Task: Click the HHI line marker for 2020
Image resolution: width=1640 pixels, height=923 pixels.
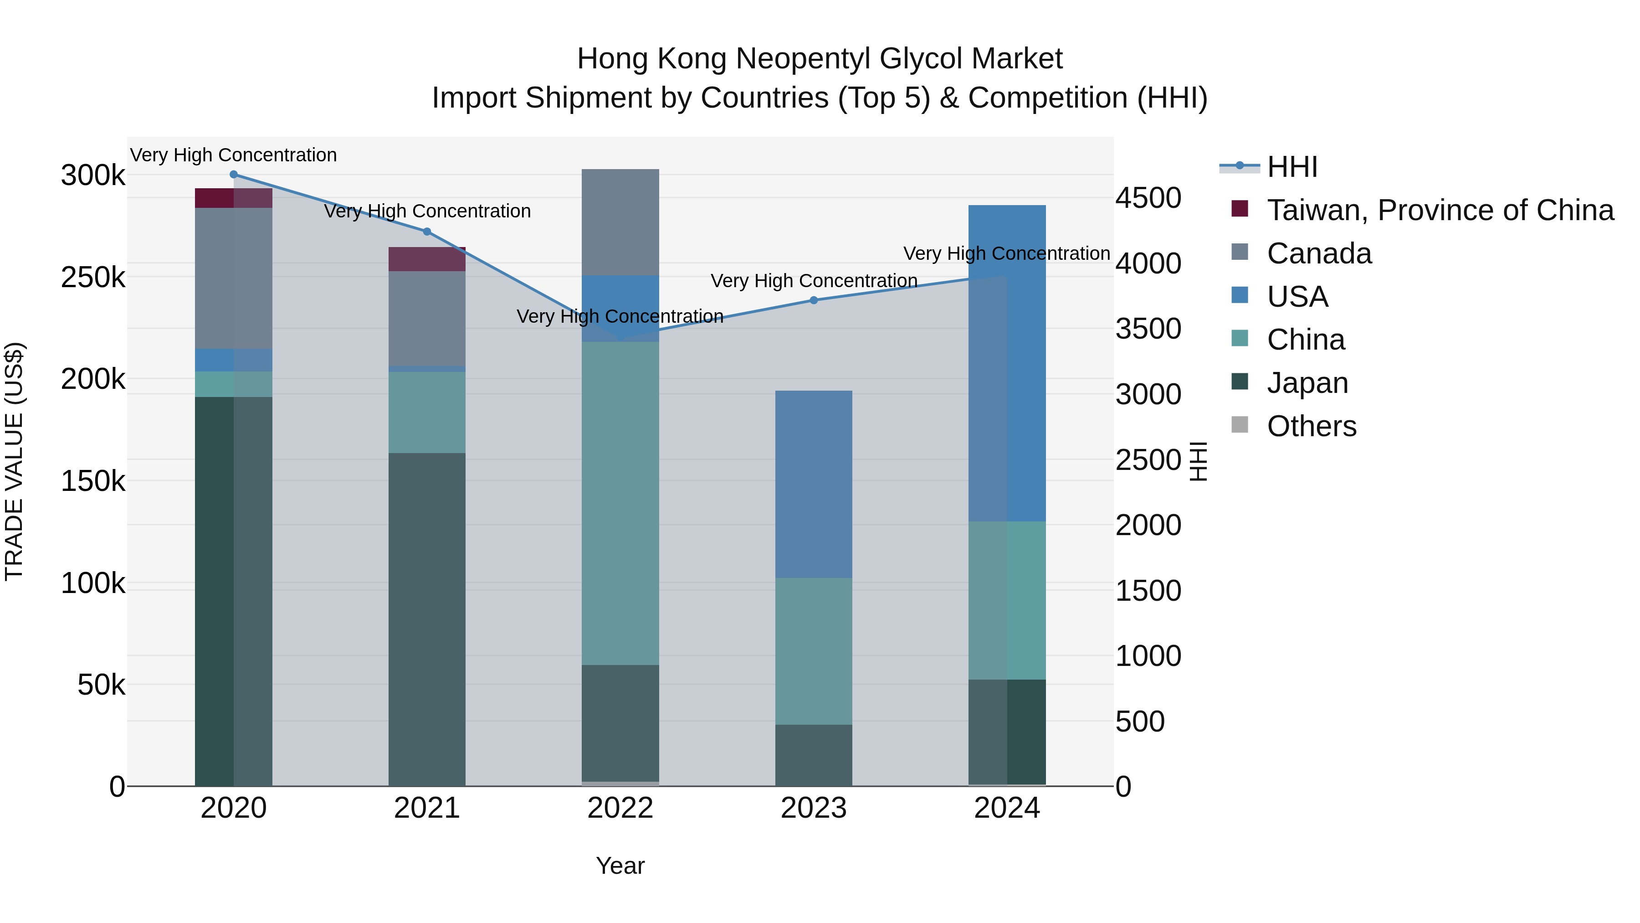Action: [x=234, y=175]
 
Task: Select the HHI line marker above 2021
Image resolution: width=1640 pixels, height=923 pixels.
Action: [x=427, y=232]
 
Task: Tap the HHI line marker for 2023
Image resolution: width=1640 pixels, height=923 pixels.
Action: [x=814, y=300]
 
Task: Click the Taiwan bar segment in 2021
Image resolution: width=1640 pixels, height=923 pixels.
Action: [x=427, y=259]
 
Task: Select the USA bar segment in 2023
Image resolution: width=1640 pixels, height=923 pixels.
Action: [x=814, y=484]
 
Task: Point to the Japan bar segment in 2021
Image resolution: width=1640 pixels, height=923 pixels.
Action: [x=427, y=619]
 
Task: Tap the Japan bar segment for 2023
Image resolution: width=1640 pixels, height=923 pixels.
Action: [x=814, y=755]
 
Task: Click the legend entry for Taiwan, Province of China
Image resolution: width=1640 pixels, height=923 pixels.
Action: [x=1440, y=210]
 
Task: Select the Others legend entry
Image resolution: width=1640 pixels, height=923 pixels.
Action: [x=1312, y=426]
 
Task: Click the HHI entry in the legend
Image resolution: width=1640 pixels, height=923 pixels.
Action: [x=1292, y=167]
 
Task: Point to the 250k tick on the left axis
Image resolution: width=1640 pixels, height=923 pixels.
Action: [x=93, y=278]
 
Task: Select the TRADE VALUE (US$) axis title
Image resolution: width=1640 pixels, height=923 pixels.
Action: [x=14, y=461]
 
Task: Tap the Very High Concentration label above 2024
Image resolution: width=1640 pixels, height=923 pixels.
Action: [x=1006, y=253]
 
